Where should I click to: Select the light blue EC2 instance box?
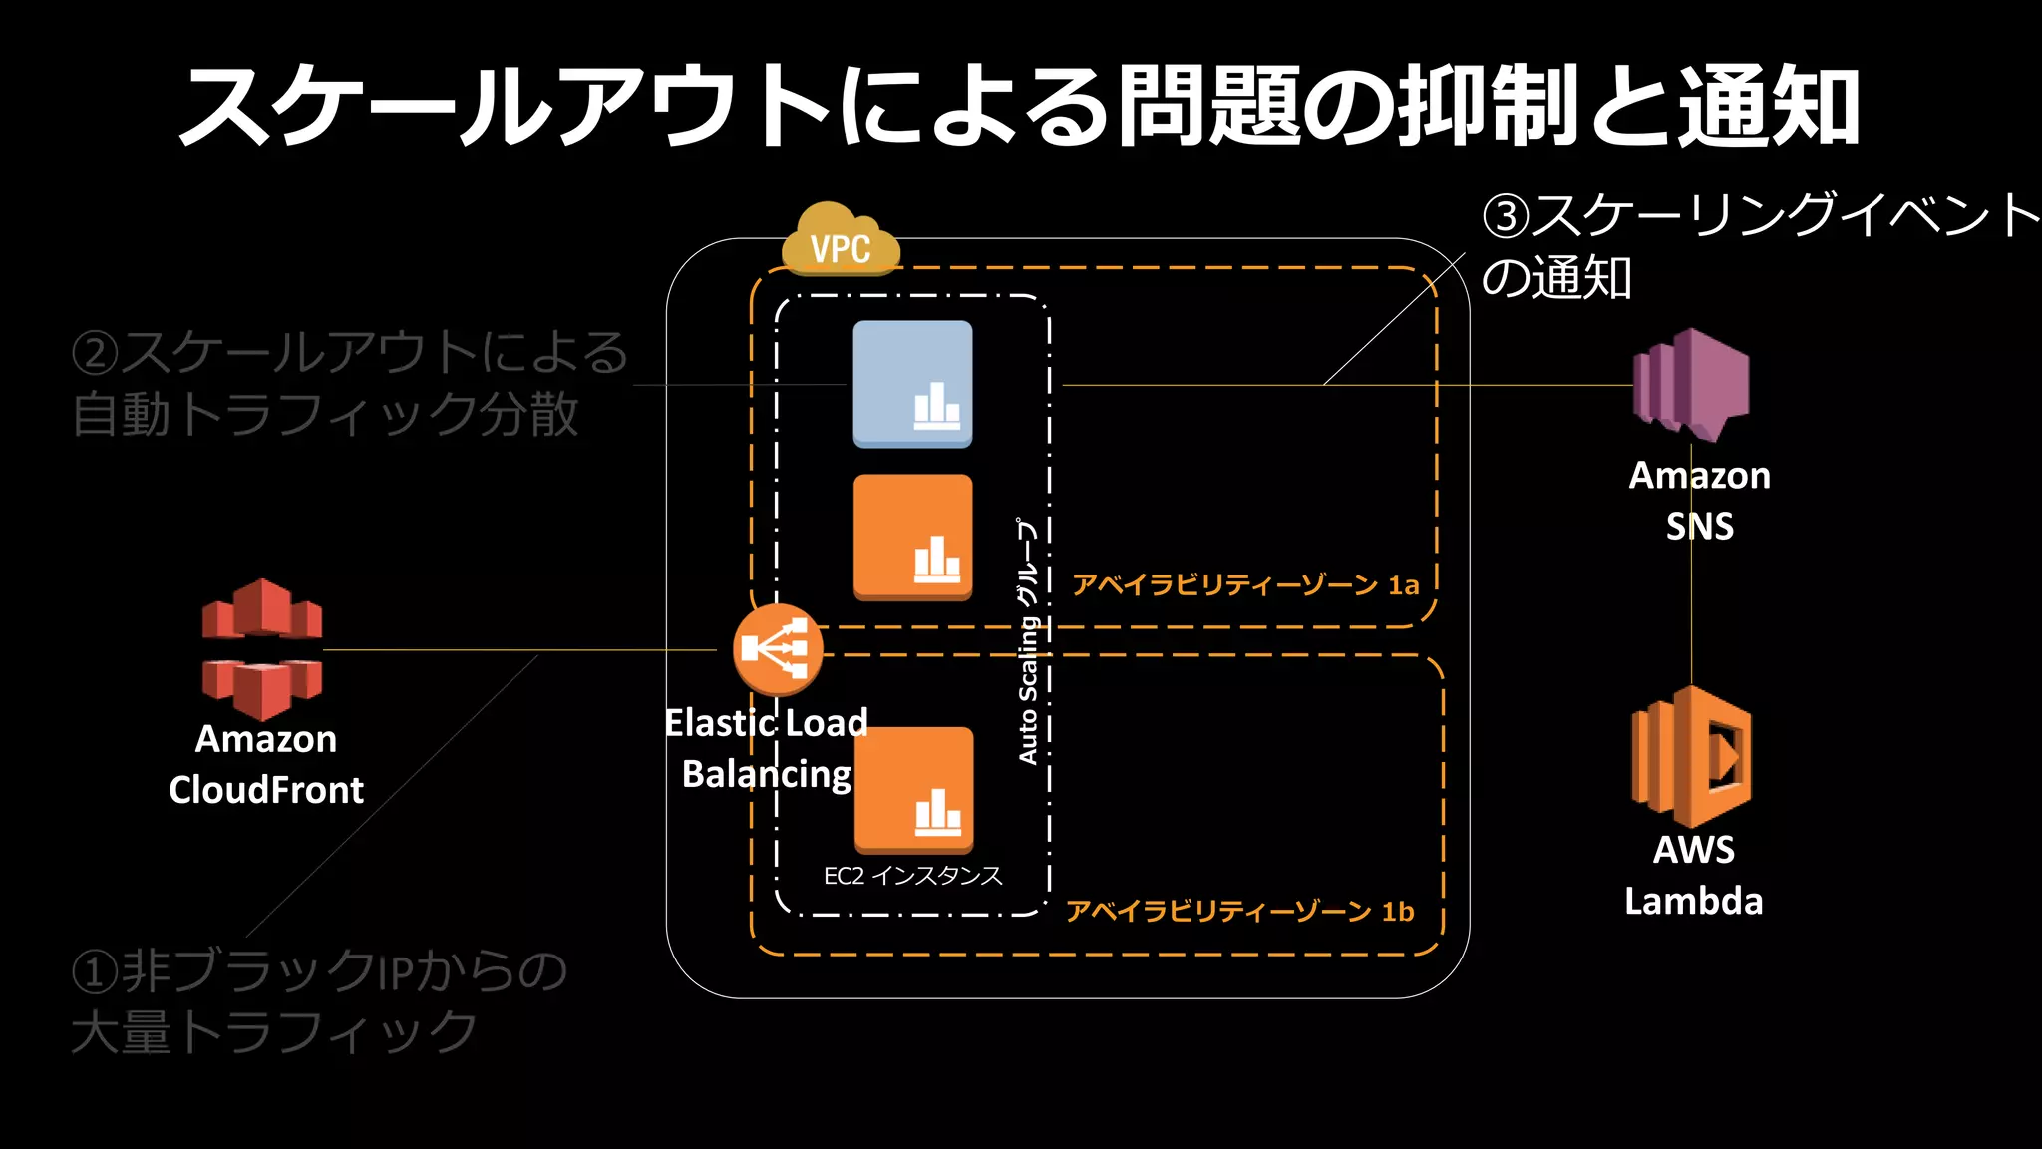tap(912, 384)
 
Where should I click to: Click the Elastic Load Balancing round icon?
tap(778, 649)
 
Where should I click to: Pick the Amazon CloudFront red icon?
tap(262, 649)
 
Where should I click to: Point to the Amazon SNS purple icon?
tap(1691, 385)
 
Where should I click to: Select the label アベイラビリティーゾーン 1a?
tap(1245, 584)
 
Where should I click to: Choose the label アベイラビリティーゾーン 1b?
tap(1240, 911)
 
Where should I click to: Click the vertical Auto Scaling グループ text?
tap(1028, 640)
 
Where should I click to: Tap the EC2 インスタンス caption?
tap(912, 876)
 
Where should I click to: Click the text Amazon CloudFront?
tap(266, 764)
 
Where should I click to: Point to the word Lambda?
tap(1693, 901)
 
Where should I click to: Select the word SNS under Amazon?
tap(1699, 526)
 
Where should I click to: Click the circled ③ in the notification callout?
tap(1506, 216)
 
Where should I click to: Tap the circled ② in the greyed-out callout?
tap(96, 353)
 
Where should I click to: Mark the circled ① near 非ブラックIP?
tap(96, 971)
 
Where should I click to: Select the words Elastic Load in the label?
tap(766, 722)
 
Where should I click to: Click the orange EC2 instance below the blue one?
tap(912, 538)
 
